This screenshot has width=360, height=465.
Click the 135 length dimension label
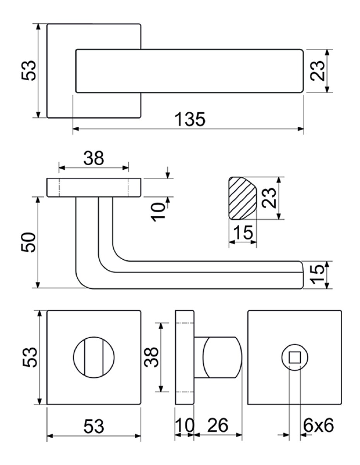[190, 119]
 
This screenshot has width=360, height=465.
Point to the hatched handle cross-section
[243, 198]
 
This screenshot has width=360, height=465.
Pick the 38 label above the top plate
[93, 158]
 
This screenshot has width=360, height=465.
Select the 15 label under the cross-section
[243, 232]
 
